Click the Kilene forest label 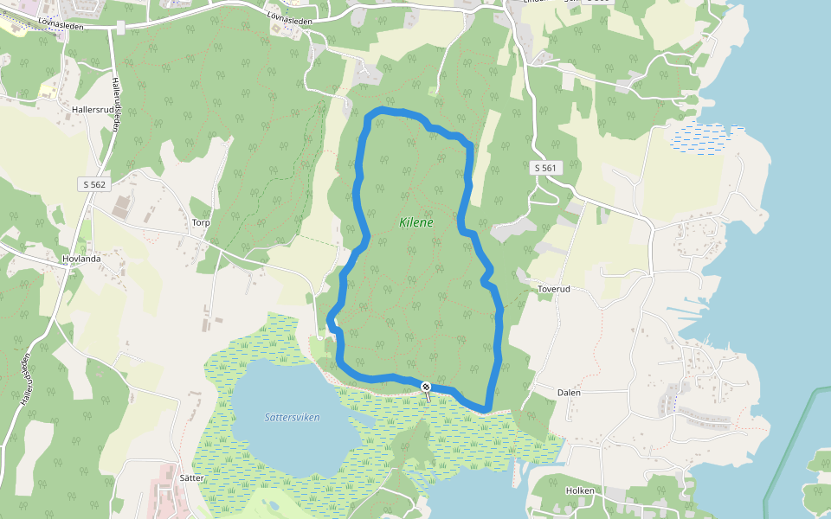(415, 222)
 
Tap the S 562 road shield (95, 184)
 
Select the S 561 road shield (545, 168)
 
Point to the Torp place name (201, 222)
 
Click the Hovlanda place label (82, 259)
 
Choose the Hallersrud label (93, 111)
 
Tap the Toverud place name (557, 290)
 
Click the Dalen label (569, 392)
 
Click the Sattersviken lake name (292, 417)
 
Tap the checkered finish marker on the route (426, 386)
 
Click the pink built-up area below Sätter (162, 500)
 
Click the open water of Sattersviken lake (286, 441)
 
